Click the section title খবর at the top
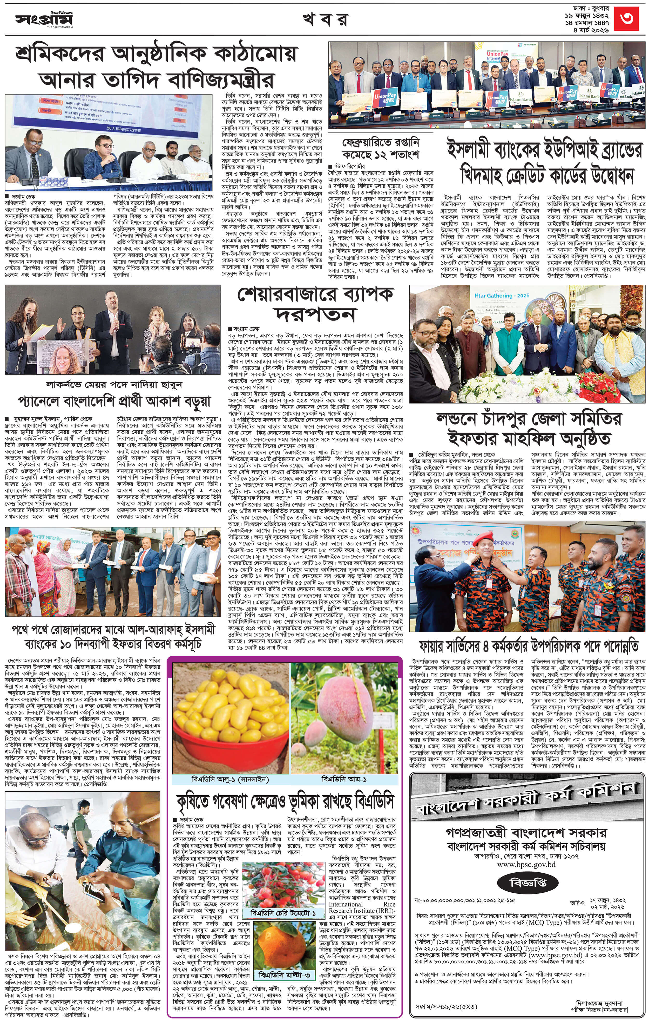[325, 19]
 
